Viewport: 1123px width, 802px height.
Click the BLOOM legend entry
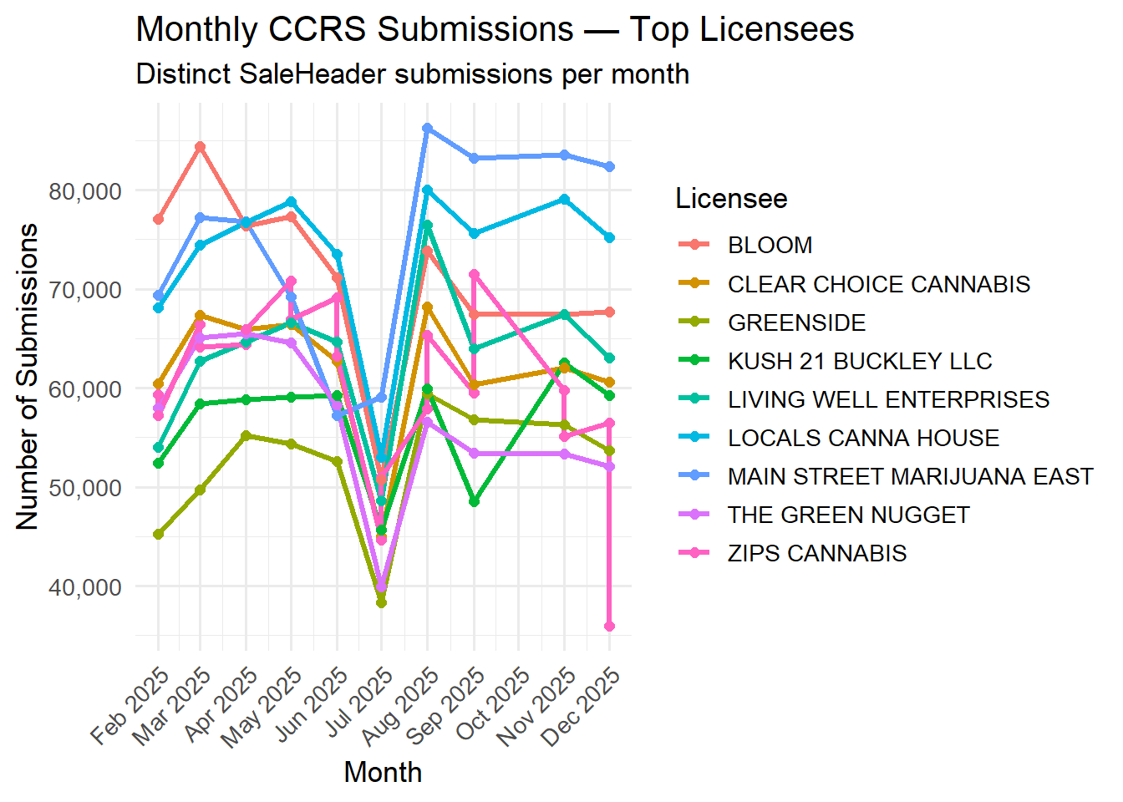tap(770, 246)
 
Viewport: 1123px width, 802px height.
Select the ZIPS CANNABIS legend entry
tap(816, 554)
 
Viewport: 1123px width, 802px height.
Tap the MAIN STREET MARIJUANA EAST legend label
tap(910, 477)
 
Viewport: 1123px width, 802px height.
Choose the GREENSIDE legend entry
tap(796, 323)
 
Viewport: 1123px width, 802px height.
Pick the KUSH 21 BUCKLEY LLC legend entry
tap(859, 362)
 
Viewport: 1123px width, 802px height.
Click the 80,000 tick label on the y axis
tap(85, 191)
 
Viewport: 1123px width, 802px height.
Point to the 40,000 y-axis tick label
tap(85, 587)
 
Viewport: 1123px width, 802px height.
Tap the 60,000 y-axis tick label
tap(85, 389)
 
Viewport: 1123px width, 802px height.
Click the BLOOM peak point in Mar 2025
tap(201, 147)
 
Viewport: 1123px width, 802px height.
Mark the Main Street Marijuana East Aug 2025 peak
tap(427, 129)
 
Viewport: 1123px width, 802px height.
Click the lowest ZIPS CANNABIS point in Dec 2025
tap(609, 627)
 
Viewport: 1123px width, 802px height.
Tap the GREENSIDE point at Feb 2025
tap(158, 535)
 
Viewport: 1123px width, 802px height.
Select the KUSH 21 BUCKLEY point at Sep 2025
tap(474, 502)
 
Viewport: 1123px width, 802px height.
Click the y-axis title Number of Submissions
tap(28, 376)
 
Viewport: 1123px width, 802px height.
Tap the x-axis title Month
tap(383, 772)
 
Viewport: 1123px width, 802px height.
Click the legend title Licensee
tap(731, 199)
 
